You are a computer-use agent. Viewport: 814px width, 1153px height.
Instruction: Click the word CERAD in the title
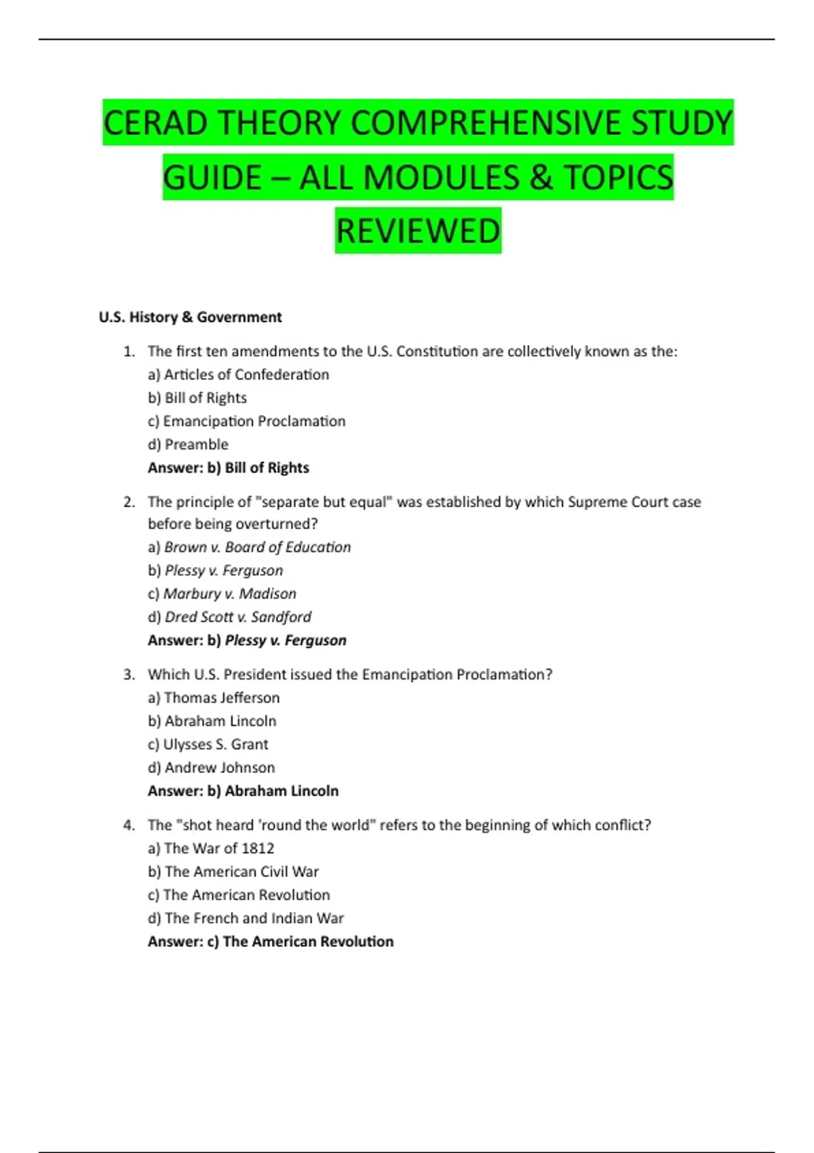point(155,123)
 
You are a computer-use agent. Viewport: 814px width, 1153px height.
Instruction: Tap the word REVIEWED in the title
point(418,231)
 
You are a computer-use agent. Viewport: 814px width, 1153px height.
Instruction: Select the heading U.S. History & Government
point(190,317)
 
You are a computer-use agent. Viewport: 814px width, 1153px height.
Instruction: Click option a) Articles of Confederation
point(238,374)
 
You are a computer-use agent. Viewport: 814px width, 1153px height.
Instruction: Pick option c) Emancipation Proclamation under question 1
point(246,421)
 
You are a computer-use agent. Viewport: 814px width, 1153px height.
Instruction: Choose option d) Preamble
point(188,444)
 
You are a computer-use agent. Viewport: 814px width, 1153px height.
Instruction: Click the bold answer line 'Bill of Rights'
point(229,468)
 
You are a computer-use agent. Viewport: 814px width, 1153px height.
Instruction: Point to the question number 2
point(129,502)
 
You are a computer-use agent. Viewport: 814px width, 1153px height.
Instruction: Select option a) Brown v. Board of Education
point(249,547)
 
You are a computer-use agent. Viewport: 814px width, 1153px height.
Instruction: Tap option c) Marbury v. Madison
point(222,593)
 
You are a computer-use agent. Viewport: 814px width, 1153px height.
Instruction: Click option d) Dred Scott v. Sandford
point(229,617)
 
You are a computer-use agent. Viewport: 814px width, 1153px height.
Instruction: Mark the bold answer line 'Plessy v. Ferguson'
point(247,640)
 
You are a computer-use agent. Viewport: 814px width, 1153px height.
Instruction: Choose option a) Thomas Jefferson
point(213,698)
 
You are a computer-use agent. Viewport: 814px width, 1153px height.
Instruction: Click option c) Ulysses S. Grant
point(208,745)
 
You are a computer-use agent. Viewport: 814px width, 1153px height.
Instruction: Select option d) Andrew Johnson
point(211,768)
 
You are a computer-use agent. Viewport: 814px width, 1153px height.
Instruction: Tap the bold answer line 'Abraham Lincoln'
point(243,791)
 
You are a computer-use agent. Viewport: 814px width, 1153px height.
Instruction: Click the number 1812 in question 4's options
point(258,848)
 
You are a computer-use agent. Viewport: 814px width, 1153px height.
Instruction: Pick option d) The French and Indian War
point(246,918)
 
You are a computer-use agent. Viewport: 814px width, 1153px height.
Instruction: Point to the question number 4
point(129,825)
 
